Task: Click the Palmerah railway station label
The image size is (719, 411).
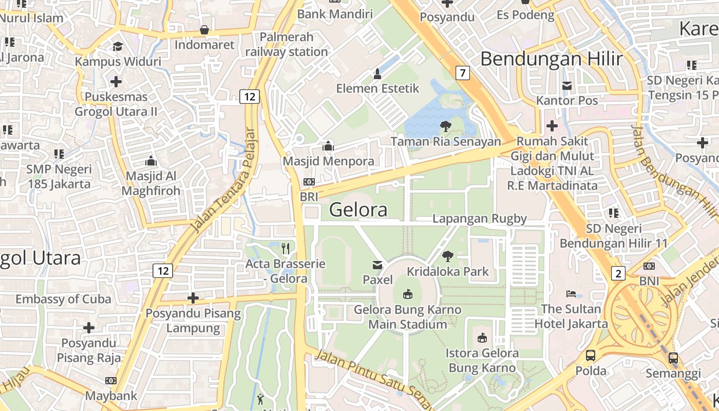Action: point(287,44)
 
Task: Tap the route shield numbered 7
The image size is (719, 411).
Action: point(463,73)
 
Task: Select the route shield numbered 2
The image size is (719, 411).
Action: point(618,273)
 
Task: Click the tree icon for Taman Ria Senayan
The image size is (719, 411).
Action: point(445,126)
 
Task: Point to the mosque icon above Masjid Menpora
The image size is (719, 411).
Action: point(328,146)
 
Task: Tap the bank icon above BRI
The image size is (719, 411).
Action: point(309,182)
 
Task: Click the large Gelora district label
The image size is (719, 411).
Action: point(358,210)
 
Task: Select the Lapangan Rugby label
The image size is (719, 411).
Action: point(480,218)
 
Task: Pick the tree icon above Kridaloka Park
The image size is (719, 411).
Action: point(448,256)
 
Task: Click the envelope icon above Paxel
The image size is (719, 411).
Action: point(377,265)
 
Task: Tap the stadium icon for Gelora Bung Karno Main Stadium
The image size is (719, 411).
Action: point(408,294)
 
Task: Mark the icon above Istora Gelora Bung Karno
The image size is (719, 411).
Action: point(482,338)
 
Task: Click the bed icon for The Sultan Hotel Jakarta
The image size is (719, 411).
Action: point(571,294)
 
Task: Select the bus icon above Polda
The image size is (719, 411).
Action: point(591,355)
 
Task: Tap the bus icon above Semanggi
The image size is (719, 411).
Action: point(673,358)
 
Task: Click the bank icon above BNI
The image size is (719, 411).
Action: point(649,266)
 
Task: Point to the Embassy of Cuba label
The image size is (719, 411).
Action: point(63,299)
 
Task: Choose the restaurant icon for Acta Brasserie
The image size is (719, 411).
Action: point(286,249)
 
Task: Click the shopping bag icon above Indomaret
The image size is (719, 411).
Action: point(204,30)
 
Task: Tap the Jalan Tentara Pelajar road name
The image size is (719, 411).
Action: point(223,179)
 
